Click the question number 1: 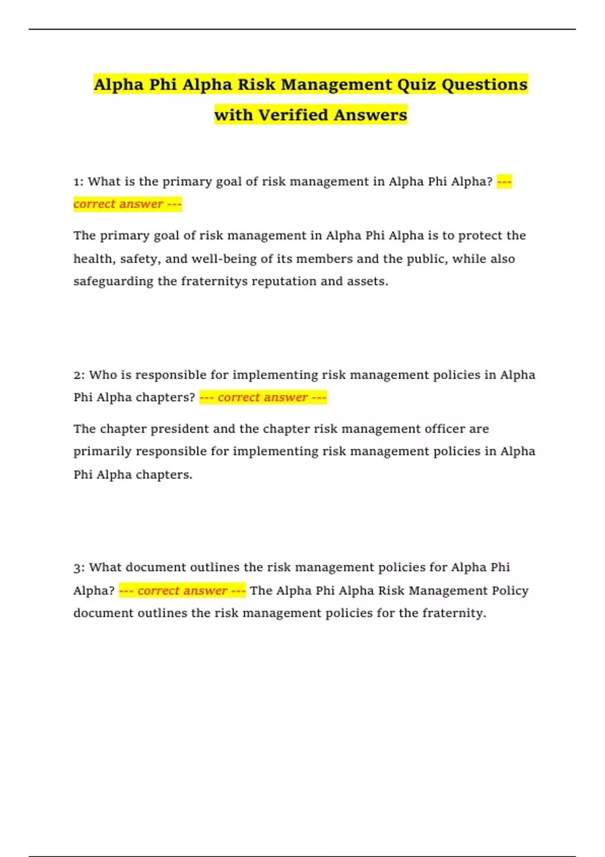pyautogui.click(x=79, y=182)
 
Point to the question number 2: pyautogui.click(x=79, y=375)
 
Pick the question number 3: pyautogui.click(x=79, y=568)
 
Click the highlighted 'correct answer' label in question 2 pyautogui.click(x=263, y=398)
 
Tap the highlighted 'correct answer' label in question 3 pyautogui.click(x=182, y=591)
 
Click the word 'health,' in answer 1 pyautogui.click(x=94, y=259)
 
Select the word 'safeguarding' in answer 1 pyautogui.click(x=113, y=282)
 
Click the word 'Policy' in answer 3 pyautogui.click(x=510, y=591)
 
